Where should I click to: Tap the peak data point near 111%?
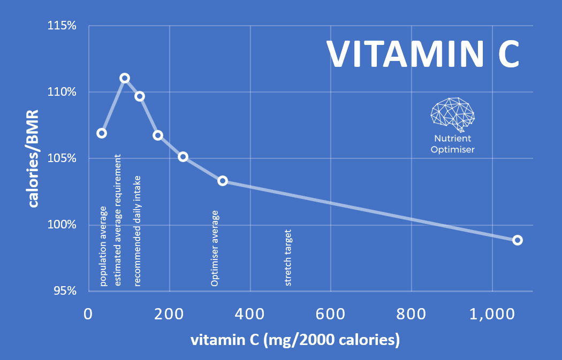125,78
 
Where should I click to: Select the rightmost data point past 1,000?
517,240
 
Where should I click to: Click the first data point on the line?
102,133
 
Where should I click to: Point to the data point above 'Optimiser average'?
223,181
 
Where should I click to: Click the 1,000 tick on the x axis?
491,314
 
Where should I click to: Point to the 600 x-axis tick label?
331,314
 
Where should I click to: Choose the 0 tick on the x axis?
89,314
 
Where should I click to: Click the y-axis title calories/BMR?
33,159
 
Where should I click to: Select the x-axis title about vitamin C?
295,340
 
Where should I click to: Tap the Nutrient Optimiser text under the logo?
452,144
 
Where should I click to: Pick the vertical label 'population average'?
104,250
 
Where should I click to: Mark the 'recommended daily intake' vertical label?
138,231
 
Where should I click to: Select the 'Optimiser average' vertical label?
215,248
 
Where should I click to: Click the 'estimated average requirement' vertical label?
118,220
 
